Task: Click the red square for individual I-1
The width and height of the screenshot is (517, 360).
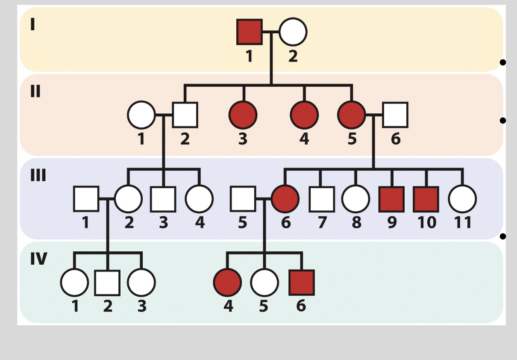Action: coord(250,32)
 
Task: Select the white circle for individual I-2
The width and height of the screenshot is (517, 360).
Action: coord(293,32)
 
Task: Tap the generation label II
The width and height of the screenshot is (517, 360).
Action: coord(35,91)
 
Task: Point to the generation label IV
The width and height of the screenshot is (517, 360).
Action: coord(38,259)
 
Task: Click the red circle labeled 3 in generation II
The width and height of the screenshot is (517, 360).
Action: coord(243,115)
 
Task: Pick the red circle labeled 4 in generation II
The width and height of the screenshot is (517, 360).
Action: coord(304,115)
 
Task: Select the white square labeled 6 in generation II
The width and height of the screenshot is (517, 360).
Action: coord(395,115)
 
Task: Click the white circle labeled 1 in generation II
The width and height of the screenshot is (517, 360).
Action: coord(141,115)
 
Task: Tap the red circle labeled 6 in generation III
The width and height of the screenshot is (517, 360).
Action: coord(285,199)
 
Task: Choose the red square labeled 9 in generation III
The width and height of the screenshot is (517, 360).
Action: coord(391,199)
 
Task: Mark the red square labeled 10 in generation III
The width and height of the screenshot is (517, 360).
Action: coord(426,199)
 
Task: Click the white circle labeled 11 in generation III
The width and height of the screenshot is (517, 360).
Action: coord(462,199)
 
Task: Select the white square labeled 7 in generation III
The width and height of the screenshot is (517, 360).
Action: coord(321,199)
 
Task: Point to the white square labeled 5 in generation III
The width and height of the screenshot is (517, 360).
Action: coord(243,199)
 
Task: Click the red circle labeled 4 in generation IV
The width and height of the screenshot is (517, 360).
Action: coord(227,283)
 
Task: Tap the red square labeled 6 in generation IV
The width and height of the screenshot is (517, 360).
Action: coord(302,283)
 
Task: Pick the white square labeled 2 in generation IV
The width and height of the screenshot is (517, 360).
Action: coord(107,283)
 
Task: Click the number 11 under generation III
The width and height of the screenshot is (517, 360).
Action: coord(462,222)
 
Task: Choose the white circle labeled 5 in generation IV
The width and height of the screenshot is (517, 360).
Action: coord(264,283)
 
